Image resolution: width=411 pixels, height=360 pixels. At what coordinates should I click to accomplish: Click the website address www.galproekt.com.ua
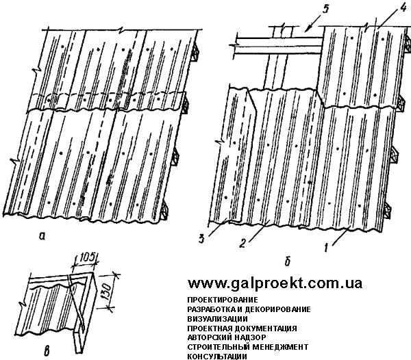click(275, 283)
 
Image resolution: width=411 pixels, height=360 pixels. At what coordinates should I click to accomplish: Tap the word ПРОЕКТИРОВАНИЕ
click(221, 300)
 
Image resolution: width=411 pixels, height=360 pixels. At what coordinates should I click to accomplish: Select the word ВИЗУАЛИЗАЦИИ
click(218, 318)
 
